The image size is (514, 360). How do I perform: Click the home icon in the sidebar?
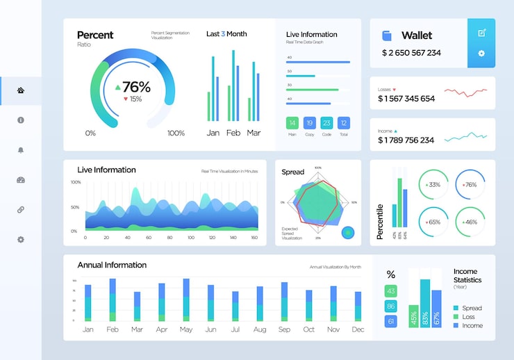[21, 90]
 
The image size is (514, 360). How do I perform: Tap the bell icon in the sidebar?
[21, 150]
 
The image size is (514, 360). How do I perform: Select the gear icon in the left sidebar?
[21, 240]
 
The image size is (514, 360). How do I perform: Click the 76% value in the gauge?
[136, 87]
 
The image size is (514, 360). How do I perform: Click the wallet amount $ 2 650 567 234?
[411, 53]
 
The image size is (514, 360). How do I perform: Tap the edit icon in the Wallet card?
[481, 33]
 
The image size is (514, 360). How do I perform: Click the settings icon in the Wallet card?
[481, 54]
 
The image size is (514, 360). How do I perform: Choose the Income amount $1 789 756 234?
[406, 140]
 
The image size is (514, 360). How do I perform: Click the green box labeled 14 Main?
[292, 123]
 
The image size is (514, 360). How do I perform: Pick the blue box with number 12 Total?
[343, 123]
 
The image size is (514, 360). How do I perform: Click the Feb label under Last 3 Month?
[233, 133]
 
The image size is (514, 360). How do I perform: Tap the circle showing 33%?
[433, 185]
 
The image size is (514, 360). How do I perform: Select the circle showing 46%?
[470, 222]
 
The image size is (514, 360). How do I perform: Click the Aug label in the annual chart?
[260, 329]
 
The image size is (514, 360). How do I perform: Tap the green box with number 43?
[391, 291]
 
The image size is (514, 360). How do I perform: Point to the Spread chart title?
[292, 172]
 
